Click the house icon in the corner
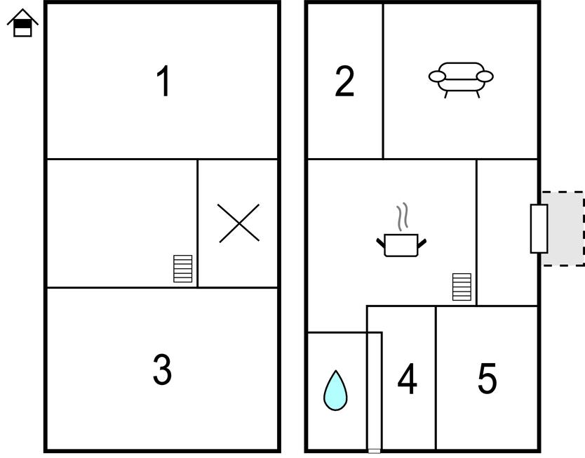22,23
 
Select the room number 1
163,81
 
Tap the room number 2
344,81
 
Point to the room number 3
162,369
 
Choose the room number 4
407,379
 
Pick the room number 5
487,379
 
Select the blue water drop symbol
335,391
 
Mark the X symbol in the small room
238,223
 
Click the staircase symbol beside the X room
183,268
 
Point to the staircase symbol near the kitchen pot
462,287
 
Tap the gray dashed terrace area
563,228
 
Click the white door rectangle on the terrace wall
539,228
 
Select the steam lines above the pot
402,216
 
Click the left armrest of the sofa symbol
437,77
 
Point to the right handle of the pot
422,244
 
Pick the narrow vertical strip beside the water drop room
374,391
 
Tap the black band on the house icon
22,24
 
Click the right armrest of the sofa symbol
485,77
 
